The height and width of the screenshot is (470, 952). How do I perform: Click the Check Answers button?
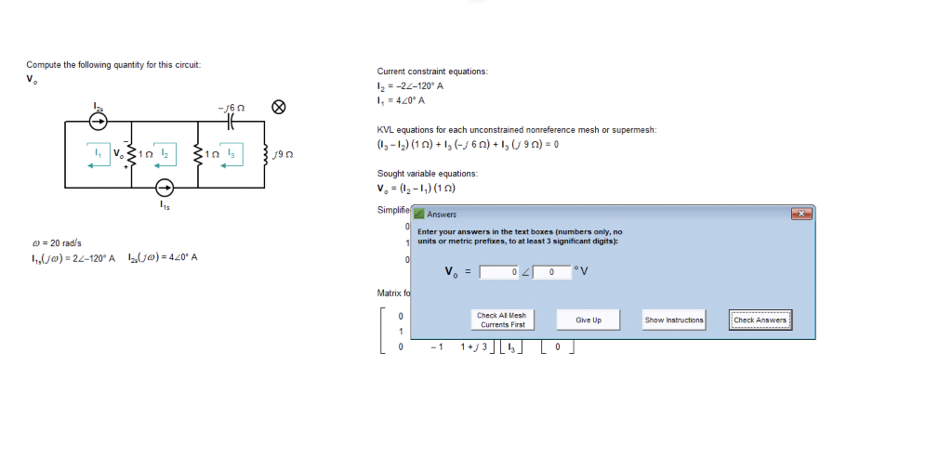click(760, 320)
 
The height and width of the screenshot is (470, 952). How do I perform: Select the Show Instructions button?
click(674, 320)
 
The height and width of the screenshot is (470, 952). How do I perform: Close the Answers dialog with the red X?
click(800, 214)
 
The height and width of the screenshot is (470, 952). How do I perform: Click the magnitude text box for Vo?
click(498, 272)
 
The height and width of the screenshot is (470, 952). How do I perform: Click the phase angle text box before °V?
click(551, 272)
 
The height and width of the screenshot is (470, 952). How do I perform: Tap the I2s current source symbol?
click(98, 121)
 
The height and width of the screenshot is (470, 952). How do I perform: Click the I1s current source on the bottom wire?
click(165, 189)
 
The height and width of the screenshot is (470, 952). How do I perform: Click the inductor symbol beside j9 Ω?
click(267, 154)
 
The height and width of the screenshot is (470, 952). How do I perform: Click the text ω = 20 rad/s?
click(51, 243)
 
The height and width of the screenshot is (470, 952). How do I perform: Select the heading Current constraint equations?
click(431, 72)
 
